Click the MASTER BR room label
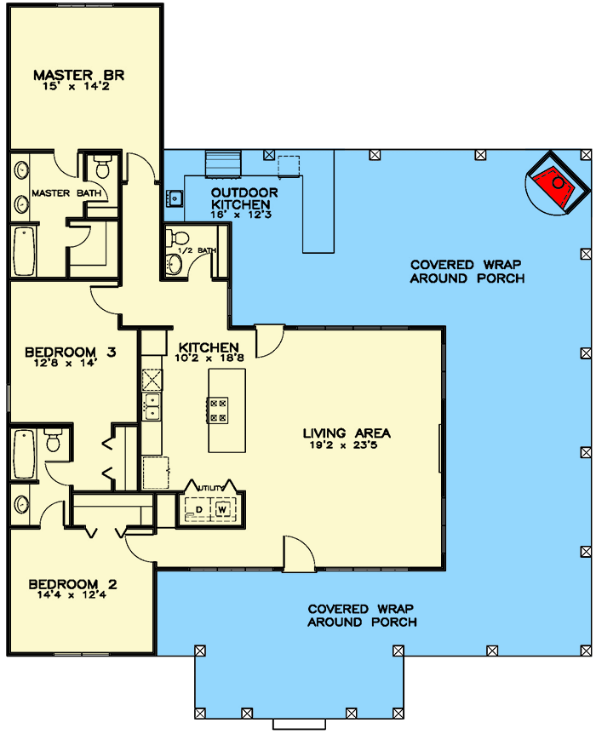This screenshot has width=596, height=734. [79, 75]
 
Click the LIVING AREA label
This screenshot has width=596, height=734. [347, 433]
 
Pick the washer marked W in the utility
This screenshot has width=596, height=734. [223, 509]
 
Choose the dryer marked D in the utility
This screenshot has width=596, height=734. [198, 509]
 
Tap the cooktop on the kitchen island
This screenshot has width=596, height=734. [218, 410]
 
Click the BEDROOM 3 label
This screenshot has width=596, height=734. [70, 352]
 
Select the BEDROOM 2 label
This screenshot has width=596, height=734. [72, 584]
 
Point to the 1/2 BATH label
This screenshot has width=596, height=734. [203, 249]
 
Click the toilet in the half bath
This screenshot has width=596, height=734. [177, 237]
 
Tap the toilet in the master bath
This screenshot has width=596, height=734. [102, 166]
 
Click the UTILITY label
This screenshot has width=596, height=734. [210, 486]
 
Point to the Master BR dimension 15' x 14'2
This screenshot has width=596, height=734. [79, 86]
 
